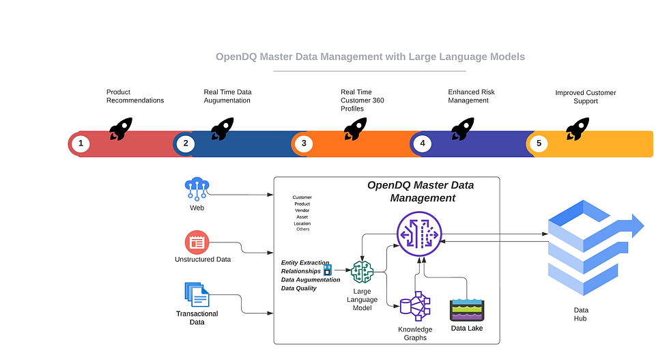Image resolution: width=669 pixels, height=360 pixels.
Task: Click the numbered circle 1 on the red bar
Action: click(x=81, y=143)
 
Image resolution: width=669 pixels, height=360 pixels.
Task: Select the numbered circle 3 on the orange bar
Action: click(x=304, y=143)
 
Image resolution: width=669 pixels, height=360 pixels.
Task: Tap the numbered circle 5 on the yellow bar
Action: click(x=539, y=143)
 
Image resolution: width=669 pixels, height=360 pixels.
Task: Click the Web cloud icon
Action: click(x=197, y=188)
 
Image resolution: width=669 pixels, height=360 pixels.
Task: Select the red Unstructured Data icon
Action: click(x=197, y=242)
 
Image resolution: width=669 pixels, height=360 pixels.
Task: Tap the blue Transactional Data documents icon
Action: click(x=197, y=294)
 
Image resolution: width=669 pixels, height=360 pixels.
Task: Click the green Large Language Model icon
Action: click(x=362, y=272)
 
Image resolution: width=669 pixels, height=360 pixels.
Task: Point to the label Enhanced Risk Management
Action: click(x=471, y=96)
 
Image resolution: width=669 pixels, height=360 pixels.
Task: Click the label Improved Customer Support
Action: click(x=585, y=97)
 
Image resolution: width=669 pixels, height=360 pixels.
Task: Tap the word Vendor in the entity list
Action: click(x=302, y=210)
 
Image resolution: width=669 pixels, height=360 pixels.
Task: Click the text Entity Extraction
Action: click(x=305, y=262)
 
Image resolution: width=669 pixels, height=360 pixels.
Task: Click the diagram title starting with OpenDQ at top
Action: click(x=370, y=57)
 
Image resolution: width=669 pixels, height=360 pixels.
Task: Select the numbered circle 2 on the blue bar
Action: click(x=185, y=143)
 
